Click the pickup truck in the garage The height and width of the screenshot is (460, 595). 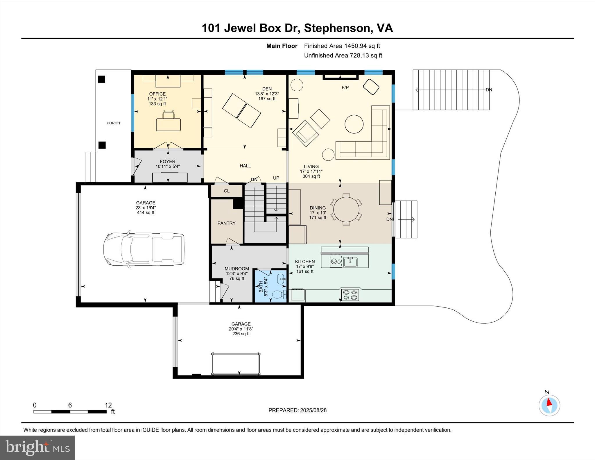point(144,249)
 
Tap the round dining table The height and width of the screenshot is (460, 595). point(346,209)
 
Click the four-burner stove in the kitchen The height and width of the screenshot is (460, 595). point(350,295)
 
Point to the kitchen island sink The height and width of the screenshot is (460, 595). point(350,262)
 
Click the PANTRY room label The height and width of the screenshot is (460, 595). point(226,223)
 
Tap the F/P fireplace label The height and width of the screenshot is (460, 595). point(345,87)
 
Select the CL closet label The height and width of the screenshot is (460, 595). point(227,191)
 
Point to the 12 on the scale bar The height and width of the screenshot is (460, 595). point(108,405)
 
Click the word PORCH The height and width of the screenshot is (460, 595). point(113,123)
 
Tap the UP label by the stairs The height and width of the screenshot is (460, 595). point(276,178)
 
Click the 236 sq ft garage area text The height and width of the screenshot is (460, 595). point(241,334)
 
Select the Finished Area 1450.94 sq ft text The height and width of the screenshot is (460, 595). point(342,46)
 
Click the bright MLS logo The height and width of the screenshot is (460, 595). point(37,448)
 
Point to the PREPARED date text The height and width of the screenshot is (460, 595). point(297,410)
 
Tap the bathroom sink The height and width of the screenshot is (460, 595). point(281,279)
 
